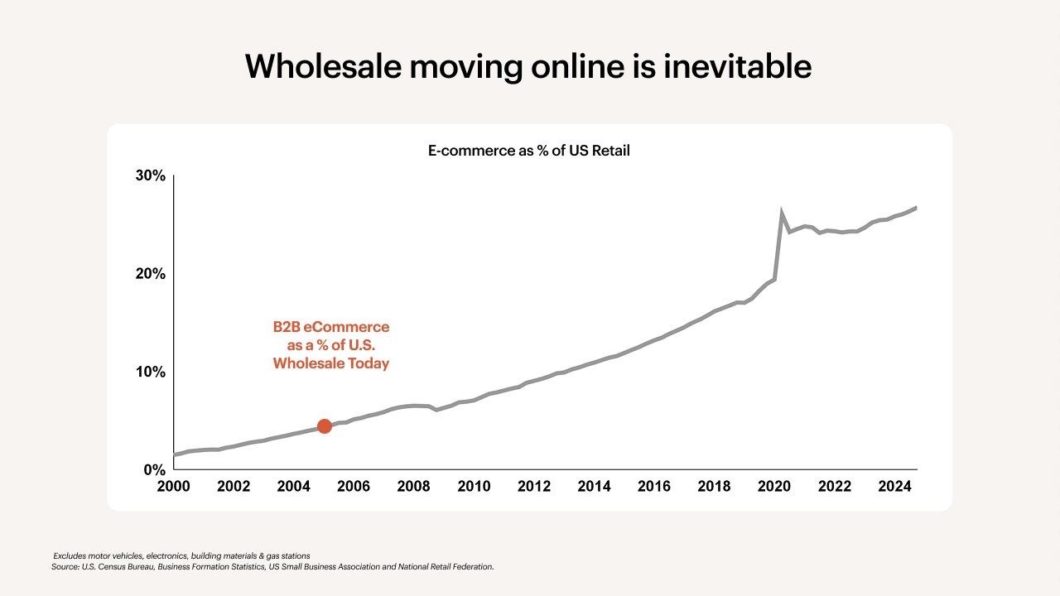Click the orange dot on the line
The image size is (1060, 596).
(325, 425)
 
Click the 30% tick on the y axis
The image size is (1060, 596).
(151, 176)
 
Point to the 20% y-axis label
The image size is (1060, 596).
(151, 274)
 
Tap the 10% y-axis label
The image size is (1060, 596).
(151, 372)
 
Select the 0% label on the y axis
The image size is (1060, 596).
(155, 469)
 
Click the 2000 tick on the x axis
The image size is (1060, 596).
(174, 486)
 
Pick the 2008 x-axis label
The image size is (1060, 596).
(414, 486)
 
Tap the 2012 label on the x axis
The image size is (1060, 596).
(534, 486)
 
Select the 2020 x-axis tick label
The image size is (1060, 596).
(774, 486)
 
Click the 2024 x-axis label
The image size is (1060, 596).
(894, 486)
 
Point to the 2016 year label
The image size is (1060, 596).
(654, 486)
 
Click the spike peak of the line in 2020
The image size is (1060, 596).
(782, 214)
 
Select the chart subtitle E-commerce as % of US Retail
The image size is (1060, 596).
(529, 151)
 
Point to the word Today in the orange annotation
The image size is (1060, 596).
(369, 363)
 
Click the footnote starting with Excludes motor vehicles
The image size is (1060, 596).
(181, 555)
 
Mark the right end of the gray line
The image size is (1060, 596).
(916, 208)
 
